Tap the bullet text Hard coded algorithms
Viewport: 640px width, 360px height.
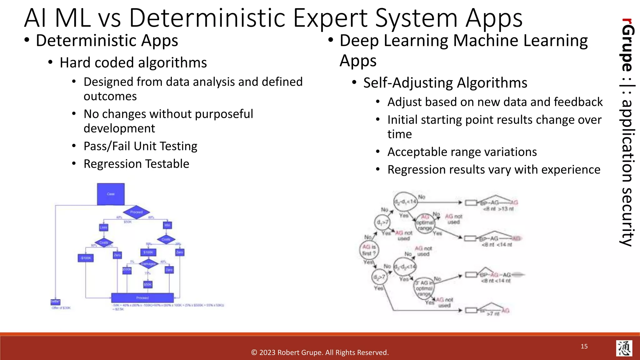click(x=133, y=63)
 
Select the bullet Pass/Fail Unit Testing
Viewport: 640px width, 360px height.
click(x=140, y=146)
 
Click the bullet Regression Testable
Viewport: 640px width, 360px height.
click(x=136, y=164)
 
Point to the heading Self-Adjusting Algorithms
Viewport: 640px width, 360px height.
click(x=445, y=83)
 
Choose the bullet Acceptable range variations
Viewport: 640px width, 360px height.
click(x=462, y=152)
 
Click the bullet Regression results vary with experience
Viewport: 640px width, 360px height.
click(x=494, y=170)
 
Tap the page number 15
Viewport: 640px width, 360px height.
click(x=584, y=346)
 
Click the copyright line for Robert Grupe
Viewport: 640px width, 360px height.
click(x=320, y=352)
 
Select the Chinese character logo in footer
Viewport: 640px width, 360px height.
click(x=624, y=348)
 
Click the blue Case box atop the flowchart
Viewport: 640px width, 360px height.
click(x=111, y=194)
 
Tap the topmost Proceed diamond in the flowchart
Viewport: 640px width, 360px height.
click(x=136, y=212)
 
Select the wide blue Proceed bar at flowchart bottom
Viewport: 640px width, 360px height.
click(x=142, y=298)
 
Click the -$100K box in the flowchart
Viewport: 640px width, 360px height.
click(x=86, y=258)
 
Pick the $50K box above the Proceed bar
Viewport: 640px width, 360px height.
click(x=148, y=284)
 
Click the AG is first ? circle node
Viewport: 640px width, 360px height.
click(x=369, y=250)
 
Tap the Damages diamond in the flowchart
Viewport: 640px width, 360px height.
click(x=148, y=264)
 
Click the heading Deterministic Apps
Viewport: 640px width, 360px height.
click(x=107, y=41)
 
